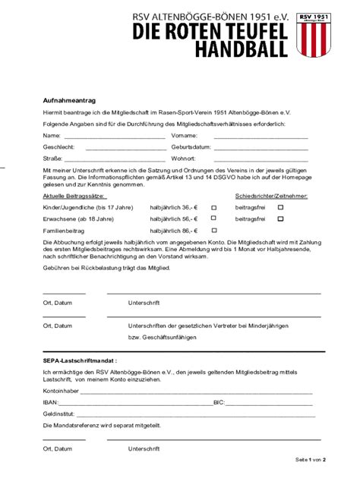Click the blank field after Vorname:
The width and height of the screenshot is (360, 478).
261,137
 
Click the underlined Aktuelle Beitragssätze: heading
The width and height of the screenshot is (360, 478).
74,196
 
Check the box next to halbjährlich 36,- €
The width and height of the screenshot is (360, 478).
213,207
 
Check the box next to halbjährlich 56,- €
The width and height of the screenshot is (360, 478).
213,219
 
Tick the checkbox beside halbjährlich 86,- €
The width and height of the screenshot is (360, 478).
213,229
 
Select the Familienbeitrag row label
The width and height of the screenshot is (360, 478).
63,229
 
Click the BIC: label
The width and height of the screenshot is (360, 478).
219,403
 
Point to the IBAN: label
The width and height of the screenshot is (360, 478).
51,403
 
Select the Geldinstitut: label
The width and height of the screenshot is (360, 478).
58,414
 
